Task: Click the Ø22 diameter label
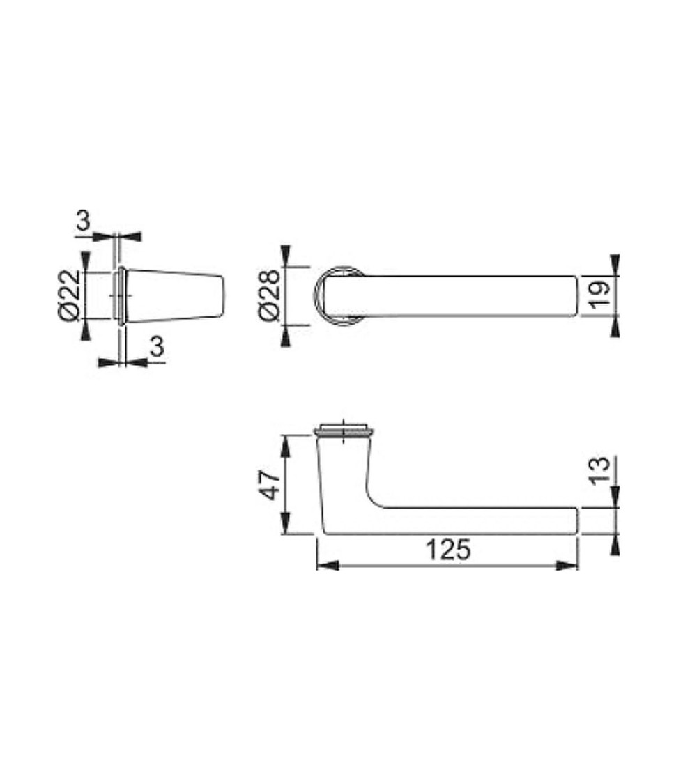click(69, 295)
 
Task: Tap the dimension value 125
click(448, 550)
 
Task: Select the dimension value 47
click(270, 484)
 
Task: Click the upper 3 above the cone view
click(84, 220)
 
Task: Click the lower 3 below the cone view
click(157, 346)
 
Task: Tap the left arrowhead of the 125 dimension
click(328, 566)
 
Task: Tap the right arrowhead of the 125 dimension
click(567, 566)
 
